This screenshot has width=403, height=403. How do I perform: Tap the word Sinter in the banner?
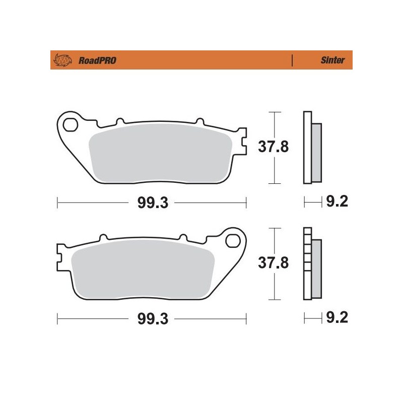(x=333, y=60)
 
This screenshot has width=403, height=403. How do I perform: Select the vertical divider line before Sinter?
(x=292, y=60)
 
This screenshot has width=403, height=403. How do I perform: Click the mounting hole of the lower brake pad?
(x=234, y=239)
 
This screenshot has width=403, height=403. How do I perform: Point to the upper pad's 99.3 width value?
(x=152, y=203)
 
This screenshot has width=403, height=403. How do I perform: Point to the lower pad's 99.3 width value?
(x=152, y=319)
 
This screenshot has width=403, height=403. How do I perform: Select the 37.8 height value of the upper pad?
(x=274, y=148)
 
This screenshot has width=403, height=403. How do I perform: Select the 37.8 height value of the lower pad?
(x=274, y=263)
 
